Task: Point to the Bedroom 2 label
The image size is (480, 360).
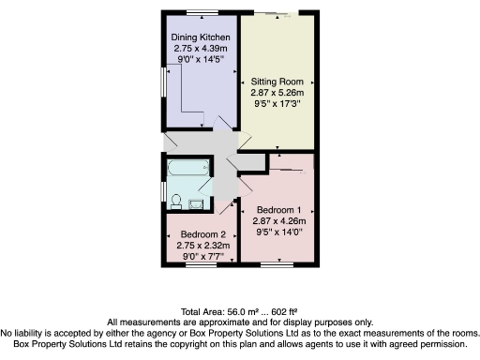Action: [203, 233]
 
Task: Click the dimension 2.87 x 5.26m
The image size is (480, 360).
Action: [274, 94]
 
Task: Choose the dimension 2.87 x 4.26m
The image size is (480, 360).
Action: [278, 218]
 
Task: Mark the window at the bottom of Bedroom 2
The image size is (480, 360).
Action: [201, 265]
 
